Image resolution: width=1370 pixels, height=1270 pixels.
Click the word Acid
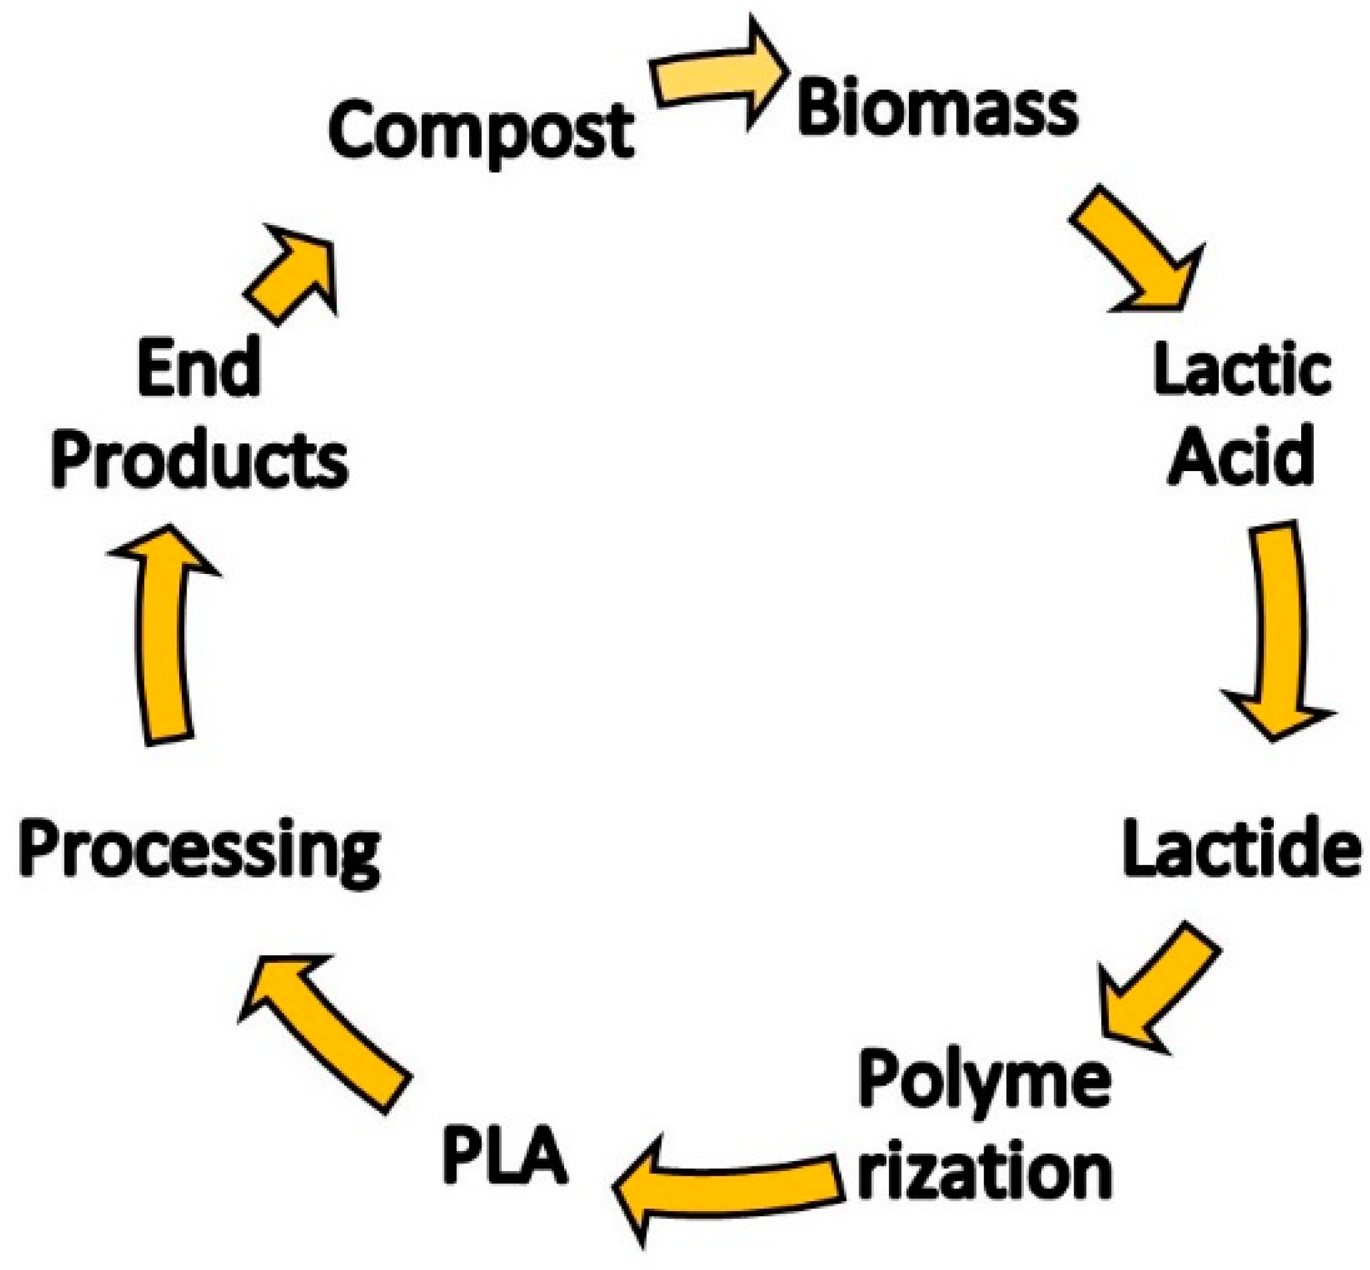1242,456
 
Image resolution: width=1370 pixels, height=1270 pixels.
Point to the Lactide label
1242,847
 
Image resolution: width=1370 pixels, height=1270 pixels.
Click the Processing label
199,849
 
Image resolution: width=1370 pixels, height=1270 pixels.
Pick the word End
198,367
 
